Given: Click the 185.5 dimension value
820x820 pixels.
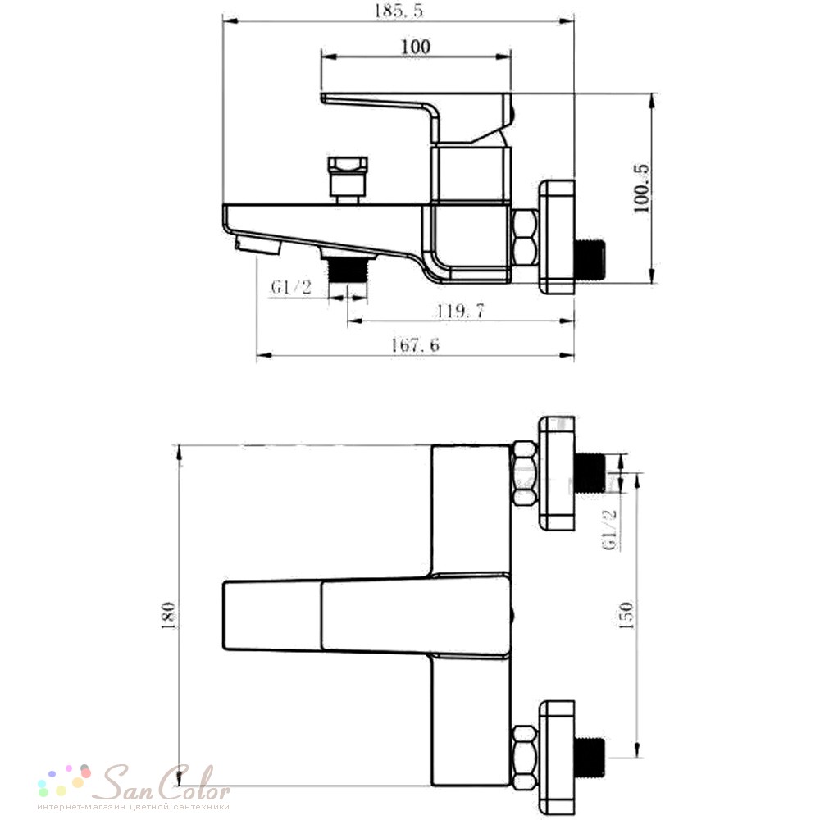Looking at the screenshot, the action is click(399, 11).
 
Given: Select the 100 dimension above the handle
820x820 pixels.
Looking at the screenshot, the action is click(416, 47).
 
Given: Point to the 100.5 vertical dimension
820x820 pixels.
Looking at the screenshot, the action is click(641, 189).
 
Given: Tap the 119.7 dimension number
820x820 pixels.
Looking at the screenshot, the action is click(461, 312).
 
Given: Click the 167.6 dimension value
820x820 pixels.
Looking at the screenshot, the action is click(416, 345).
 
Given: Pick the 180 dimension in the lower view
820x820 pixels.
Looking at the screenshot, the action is click(168, 615).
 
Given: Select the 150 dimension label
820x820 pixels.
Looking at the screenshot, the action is click(626, 615).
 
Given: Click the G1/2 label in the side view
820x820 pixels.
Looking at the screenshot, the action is click(291, 286).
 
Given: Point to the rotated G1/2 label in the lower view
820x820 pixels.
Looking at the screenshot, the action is click(610, 529).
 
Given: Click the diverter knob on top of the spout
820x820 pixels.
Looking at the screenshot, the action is click(346, 180).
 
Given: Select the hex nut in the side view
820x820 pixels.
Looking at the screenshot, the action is click(524, 238).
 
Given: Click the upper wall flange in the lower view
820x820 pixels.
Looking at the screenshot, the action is click(557, 474).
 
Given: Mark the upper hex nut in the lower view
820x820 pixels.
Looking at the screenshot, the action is click(524, 474).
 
